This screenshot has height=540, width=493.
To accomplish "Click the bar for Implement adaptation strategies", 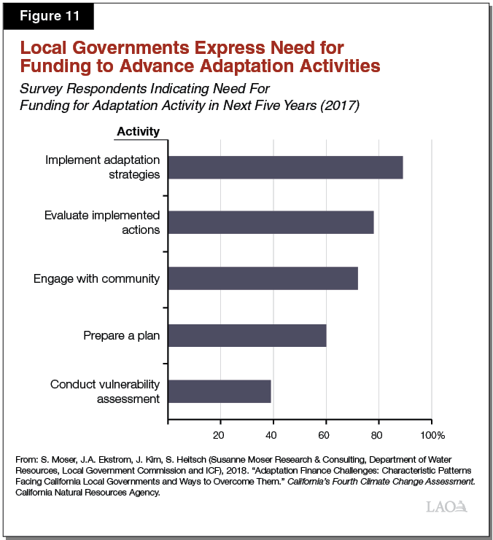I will (285, 167).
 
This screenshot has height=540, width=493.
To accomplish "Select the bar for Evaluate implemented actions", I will (271, 222).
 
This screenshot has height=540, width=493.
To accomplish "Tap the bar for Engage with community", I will (263, 278).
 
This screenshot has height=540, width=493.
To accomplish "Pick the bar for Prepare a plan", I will (247, 335).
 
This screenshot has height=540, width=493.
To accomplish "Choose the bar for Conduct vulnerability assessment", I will (220, 391).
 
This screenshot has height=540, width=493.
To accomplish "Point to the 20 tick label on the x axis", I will (218, 435).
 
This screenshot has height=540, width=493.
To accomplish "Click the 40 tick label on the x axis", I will (271, 435).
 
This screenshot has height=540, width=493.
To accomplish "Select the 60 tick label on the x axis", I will (324, 435).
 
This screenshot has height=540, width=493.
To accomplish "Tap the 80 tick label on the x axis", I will (377, 435).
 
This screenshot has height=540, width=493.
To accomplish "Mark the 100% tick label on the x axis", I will (432, 435).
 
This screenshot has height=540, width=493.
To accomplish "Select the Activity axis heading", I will (138, 131).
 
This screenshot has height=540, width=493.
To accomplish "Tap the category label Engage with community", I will (97, 279).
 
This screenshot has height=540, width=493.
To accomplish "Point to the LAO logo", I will (445, 508).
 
